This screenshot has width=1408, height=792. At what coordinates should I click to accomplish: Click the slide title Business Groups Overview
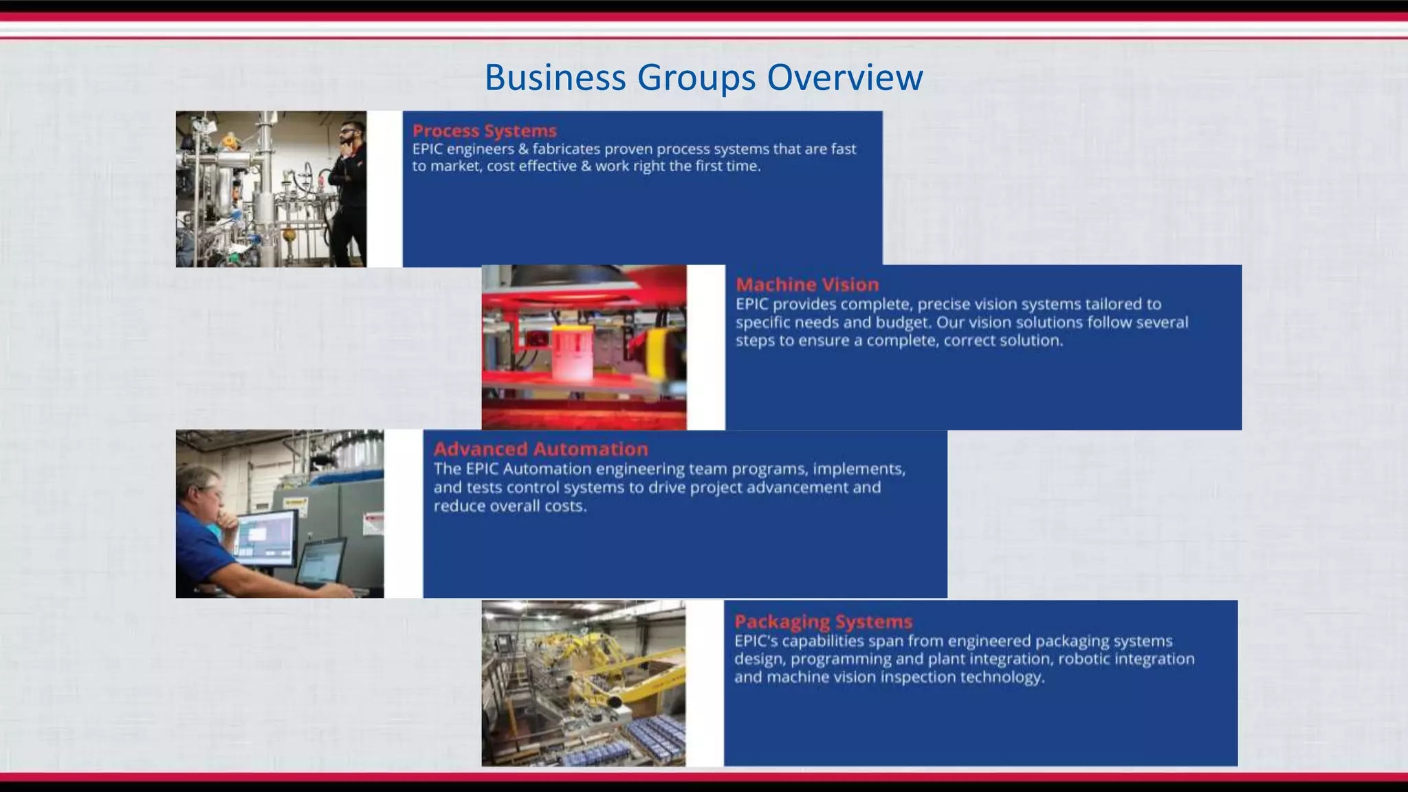pos(703,77)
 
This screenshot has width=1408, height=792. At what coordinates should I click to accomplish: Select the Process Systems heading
pos(484,131)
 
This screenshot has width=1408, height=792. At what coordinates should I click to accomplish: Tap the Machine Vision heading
pos(807,285)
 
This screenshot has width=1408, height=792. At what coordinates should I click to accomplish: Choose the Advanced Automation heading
pos(540,449)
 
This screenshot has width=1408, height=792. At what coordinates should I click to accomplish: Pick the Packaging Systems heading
pos(823,621)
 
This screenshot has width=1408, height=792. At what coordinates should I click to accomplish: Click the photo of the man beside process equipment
pos(271,189)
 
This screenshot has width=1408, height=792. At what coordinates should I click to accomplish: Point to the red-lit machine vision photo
pos(584,347)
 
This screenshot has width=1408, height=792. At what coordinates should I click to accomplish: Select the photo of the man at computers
pos(279,514)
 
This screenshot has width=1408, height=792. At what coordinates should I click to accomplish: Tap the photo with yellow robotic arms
pos(583,683)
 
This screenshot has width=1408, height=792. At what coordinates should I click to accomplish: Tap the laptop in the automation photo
pos(322,564)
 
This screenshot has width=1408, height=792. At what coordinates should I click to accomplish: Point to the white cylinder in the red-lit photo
pos(572,354)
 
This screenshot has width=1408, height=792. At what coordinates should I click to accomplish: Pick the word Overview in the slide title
pos(844,77)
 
